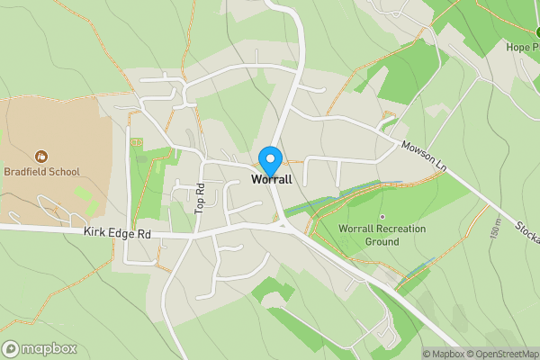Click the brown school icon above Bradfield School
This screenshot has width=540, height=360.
pos(40,157)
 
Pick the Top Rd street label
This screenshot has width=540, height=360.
pos(201,198)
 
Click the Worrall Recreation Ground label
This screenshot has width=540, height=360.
pos(382,235)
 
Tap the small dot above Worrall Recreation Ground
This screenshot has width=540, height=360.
pos(382,217)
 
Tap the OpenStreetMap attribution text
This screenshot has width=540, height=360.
pos(503,354)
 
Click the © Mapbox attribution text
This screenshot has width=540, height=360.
pos(445,354)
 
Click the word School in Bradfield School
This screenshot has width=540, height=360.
pos(63,172)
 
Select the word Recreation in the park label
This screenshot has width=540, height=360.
pos(394,229)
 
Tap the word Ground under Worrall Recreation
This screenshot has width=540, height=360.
pos(382,242)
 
